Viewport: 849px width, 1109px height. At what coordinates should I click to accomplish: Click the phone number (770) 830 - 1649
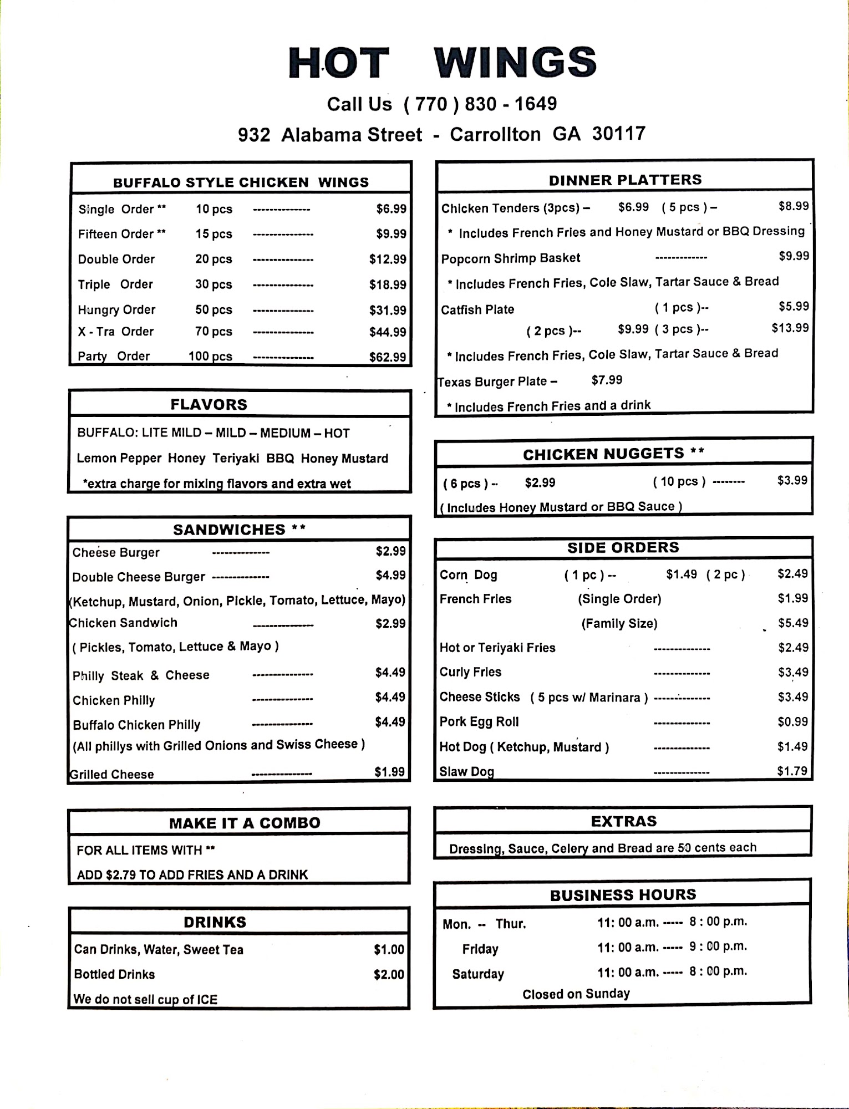(x=480, y=104)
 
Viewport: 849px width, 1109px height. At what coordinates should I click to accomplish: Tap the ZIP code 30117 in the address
(x=618, y=134)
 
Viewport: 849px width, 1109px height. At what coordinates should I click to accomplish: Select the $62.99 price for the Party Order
(x=388, y=357)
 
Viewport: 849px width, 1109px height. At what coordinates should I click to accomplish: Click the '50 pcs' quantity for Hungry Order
(x=213, y=309)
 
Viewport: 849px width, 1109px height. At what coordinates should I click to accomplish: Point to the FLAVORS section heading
(x=209, y=404)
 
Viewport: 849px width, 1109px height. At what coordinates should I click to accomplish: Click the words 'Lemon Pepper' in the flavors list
(x=119, y=459)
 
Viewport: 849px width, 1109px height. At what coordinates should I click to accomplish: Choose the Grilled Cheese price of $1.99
(x=389, y=772)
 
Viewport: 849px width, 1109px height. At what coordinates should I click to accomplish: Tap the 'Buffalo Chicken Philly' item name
(x=136, y=725)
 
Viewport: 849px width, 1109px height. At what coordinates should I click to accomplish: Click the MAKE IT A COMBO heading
(x=245, y=823)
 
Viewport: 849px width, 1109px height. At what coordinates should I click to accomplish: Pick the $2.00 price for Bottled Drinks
(x=389, y=974)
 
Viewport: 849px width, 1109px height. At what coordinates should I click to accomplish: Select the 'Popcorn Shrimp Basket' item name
(x=510, y=258)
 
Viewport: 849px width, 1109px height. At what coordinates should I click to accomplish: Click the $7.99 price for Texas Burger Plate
(x=607, y=380)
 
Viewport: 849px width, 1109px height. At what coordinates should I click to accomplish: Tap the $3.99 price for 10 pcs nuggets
(x=792, y=480)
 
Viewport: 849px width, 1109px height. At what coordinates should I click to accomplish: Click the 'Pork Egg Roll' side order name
(x=479, y=722)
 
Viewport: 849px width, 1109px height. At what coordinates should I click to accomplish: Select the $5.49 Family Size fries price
(x=792, y=623)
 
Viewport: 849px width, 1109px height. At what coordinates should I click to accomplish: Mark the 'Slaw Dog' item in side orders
(x=466, y=771)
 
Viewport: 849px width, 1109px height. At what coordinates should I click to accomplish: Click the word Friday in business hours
(x=480, y=949)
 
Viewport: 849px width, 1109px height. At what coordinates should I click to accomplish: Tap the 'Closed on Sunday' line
(x=576, y=994)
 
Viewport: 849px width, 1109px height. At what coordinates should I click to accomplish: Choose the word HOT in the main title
(x=338, y=63)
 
